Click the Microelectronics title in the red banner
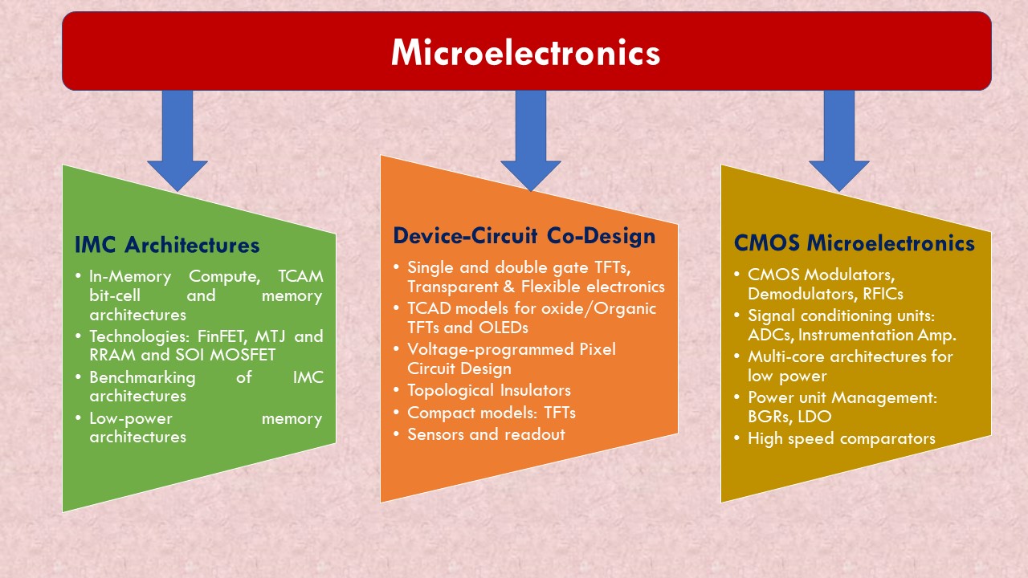point(525,52)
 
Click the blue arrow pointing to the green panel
point(177,140)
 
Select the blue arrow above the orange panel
point(531,140)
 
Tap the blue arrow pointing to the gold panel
point(839,140)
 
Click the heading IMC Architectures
point(167,245)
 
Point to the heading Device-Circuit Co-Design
point(524,236)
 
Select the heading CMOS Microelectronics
point(854,243)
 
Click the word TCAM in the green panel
point(300,276)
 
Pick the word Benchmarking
point(143,377)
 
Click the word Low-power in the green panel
point(131,418)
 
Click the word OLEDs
point(504,328)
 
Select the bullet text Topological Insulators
point(489,390)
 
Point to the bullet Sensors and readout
point(487,434)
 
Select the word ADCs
point(770,336)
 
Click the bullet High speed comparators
point(842,439)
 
